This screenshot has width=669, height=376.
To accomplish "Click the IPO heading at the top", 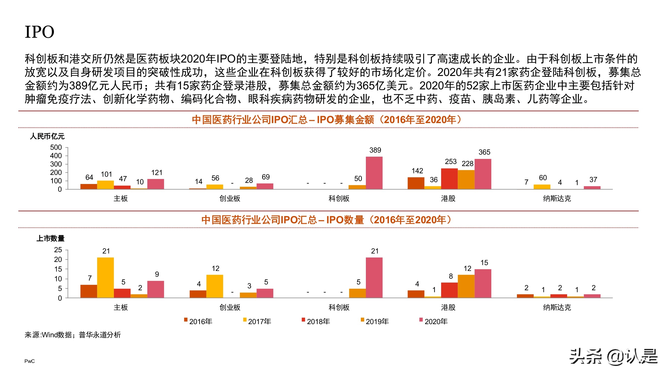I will coord(39,32).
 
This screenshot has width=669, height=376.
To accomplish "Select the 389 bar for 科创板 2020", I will coord(374,173).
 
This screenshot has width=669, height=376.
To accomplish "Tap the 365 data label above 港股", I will coord(484,152).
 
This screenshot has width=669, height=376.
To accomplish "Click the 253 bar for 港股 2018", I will coord(449,179).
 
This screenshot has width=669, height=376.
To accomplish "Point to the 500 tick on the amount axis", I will coord(56,147).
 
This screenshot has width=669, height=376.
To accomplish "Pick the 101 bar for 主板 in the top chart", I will coord(105,185).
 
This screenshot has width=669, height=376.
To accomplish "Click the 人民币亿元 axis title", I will coord(47,136).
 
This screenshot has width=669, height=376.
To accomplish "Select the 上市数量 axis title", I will coord(50,238).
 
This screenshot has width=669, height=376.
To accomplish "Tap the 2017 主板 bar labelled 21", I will coord(105,277).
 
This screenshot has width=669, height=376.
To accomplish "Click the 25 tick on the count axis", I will coord(58,250).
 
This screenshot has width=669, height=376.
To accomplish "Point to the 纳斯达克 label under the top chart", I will coord(557,199).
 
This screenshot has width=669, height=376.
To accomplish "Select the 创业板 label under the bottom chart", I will coord(230,307).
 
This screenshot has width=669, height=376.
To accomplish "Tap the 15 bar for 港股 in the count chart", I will coord(483,283).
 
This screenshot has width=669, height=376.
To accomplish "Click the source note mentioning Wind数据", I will coord(73,335).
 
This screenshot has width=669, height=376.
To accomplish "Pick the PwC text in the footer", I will coord(29,361).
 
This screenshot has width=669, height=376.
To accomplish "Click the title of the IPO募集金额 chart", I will coord(327,120).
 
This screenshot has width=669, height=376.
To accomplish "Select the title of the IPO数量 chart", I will coord(327,220).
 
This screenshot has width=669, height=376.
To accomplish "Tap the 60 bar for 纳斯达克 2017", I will coord(542,186).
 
